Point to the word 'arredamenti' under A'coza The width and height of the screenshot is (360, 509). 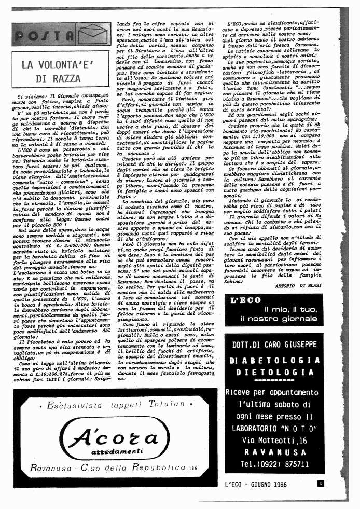tap(119, 451)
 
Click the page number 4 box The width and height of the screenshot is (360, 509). tap(322, 483)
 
